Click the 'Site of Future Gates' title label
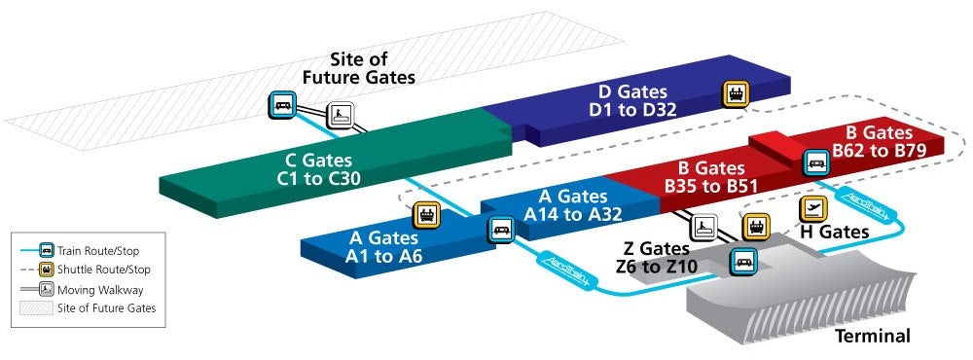[360, 69]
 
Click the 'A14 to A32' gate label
[566, 214]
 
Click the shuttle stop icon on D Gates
[736, 94]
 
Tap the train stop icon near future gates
[283, 105]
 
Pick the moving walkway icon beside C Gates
[341, 116]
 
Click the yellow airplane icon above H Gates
[812, 208]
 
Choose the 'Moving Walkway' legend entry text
[100, 289]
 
